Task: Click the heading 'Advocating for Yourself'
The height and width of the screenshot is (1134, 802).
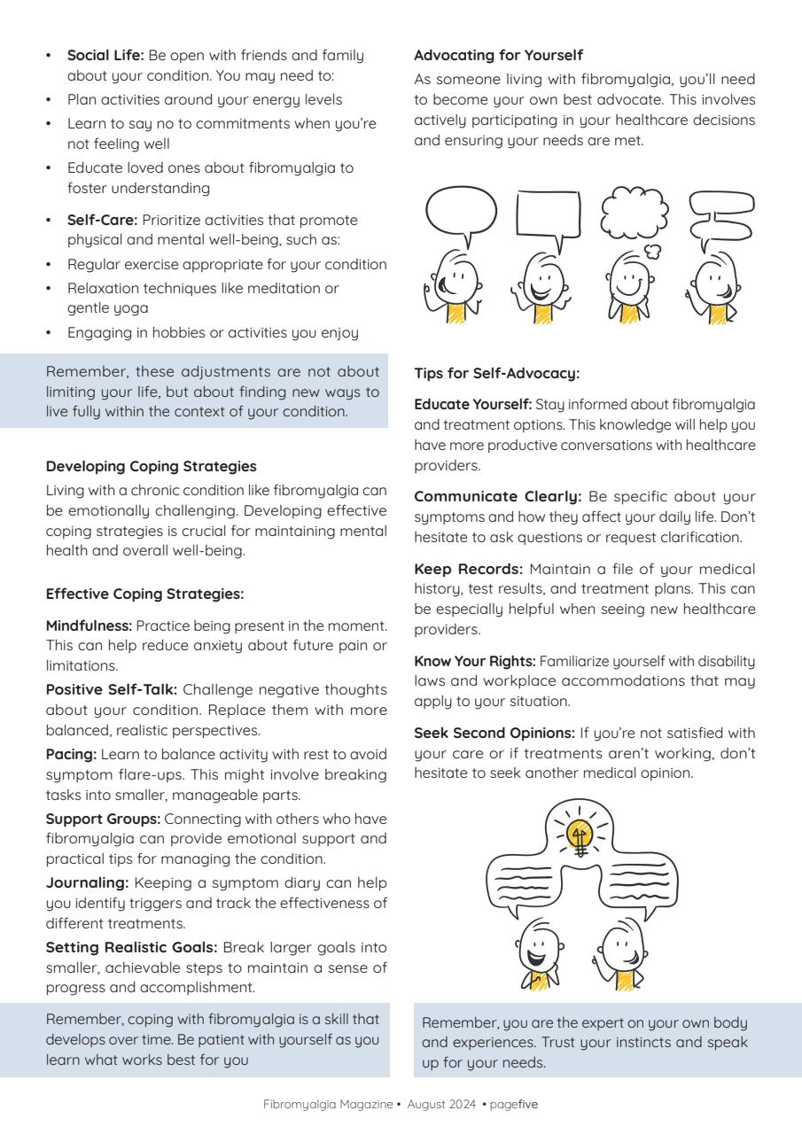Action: pos(498,55)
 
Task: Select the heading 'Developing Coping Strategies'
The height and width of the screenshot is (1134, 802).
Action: pos(151,465)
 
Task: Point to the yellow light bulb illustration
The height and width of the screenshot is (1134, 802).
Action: pos(580,835)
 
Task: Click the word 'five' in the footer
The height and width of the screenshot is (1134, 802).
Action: pos(528,1104)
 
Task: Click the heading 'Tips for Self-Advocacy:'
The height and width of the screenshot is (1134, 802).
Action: pos(496,373)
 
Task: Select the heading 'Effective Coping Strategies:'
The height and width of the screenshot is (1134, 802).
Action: pos(144,593)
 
